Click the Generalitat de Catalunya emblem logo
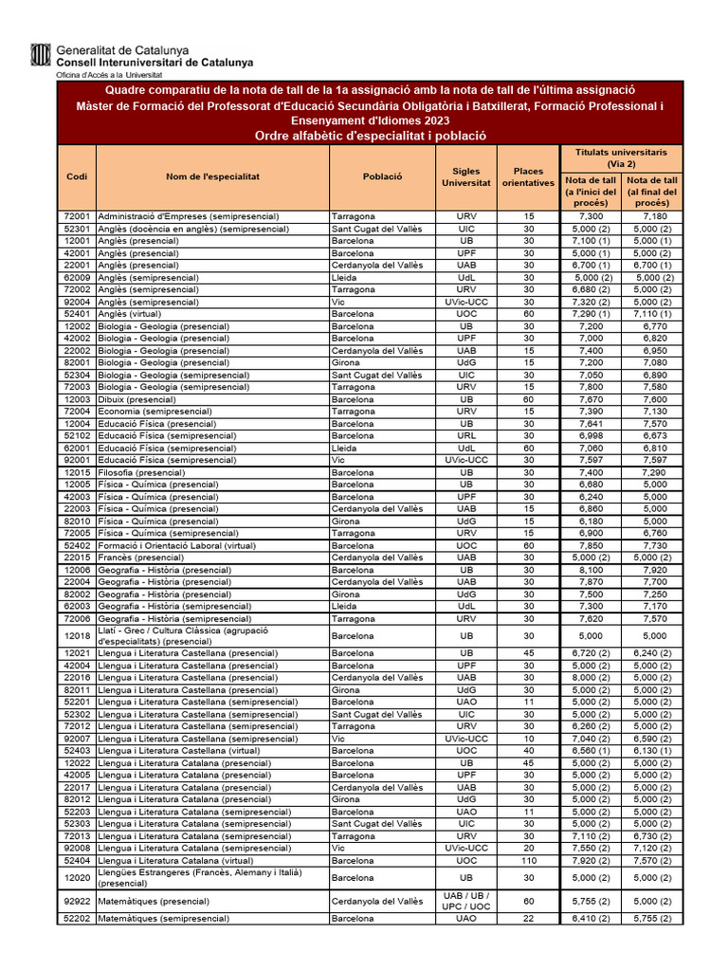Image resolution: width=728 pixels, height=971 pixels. [x=42, y=56]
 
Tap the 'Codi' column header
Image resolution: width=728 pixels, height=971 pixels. [x=77, y=177]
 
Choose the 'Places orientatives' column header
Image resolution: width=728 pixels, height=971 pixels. [x=528, y=177]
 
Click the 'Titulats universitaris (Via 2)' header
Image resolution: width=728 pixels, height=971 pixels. [x=621, y=157]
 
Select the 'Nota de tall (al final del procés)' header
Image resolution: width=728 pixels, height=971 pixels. [x=652, y=191]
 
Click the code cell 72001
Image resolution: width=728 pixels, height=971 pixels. [x=77, y=216]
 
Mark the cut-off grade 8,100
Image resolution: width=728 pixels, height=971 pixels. [x=591, y=570]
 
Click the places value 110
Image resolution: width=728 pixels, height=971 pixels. [x=528, y=860]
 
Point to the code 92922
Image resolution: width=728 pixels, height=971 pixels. [x=77, y=901]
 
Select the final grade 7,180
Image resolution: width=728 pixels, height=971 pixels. [x=652, y=216]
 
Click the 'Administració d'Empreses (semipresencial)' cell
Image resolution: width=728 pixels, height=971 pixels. [x=193, y=216]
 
